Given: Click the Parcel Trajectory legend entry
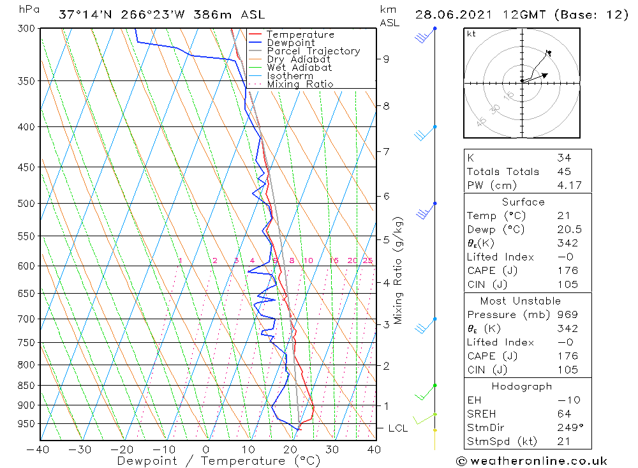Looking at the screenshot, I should point(313,51).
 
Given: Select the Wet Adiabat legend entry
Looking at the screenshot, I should point(299,68).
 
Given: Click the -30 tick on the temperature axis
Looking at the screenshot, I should point(80,449).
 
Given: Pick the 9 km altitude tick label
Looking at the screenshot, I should point(386,59).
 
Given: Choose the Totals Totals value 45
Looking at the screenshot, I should point(563,172).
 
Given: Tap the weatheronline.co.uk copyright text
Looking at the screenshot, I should point(531,461).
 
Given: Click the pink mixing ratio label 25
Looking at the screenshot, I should point(367,260).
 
